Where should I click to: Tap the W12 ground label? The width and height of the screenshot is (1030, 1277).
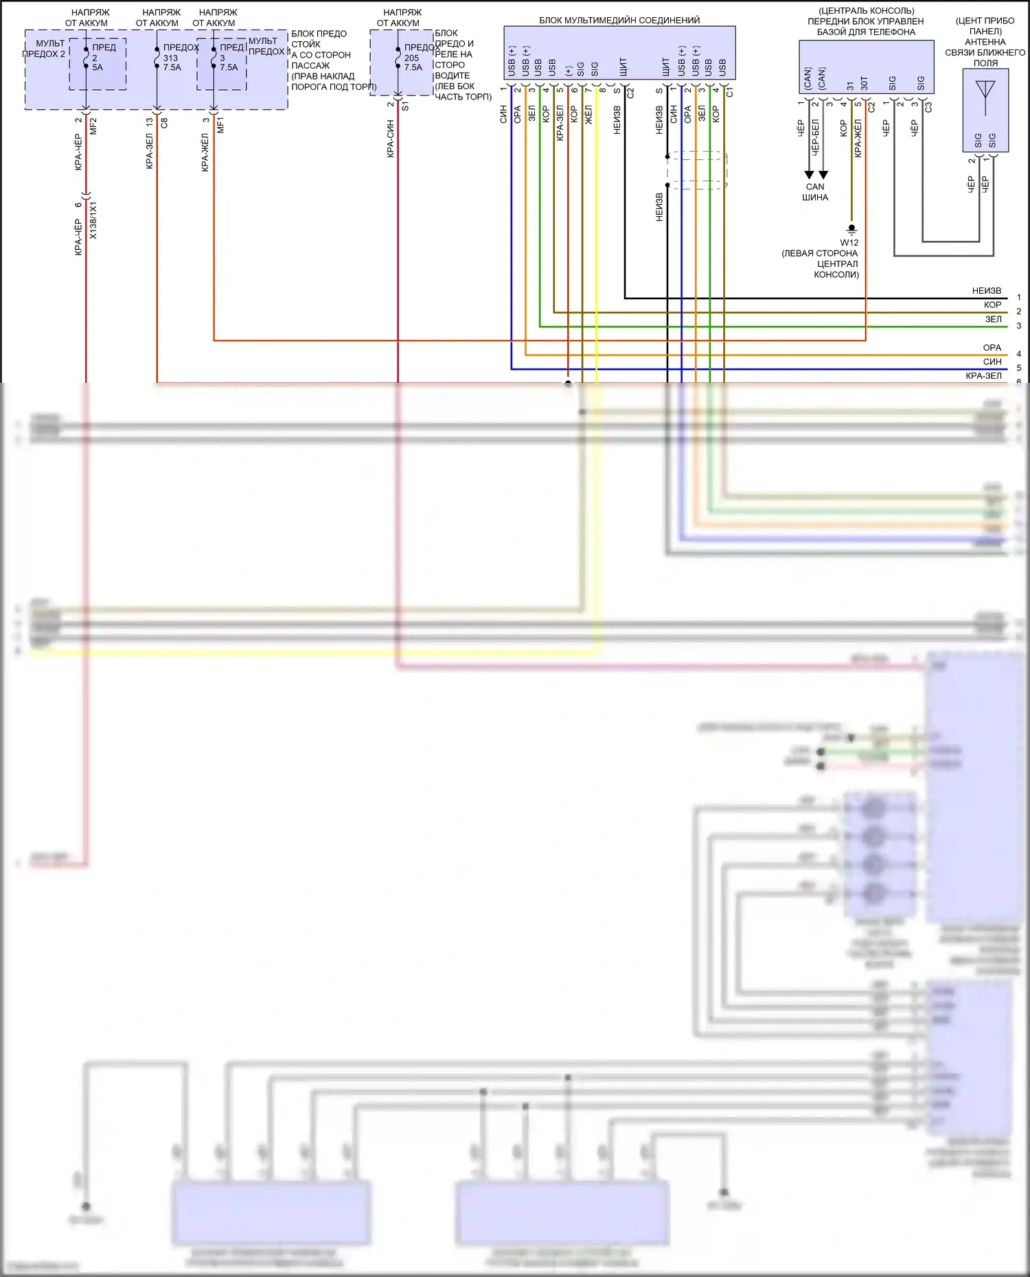(x=849, y=243)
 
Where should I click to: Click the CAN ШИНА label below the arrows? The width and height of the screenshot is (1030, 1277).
(x=815, y=192)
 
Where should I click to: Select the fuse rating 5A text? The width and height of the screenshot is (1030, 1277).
(x=98, y=68)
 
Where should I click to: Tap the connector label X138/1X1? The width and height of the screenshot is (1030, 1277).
(x=93, y=220)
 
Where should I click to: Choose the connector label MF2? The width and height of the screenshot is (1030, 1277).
(x=93, y=126)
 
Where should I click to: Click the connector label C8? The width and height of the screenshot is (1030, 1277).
(x=164, y=124)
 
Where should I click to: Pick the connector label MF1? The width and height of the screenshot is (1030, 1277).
(x=220, y=126)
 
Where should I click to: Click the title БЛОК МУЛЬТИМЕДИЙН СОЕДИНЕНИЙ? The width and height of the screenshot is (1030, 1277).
(x=619, y=21)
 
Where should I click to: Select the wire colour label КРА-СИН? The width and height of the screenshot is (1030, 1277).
(x=390, y=139)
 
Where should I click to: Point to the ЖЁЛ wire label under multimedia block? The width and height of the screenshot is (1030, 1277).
(x=588, y=115)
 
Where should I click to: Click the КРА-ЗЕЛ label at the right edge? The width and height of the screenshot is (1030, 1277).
(x=983, y=376)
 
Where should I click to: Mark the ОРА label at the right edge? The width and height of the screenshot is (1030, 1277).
(x=992, y=348)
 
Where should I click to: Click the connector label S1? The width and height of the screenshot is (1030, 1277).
(x=405, y=107)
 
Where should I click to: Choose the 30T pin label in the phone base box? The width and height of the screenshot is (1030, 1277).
(x=865, y=84)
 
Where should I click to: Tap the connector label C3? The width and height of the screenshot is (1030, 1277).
(x=928, y=108)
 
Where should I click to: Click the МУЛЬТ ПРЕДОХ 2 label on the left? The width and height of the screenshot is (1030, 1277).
(x=45, y=49)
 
